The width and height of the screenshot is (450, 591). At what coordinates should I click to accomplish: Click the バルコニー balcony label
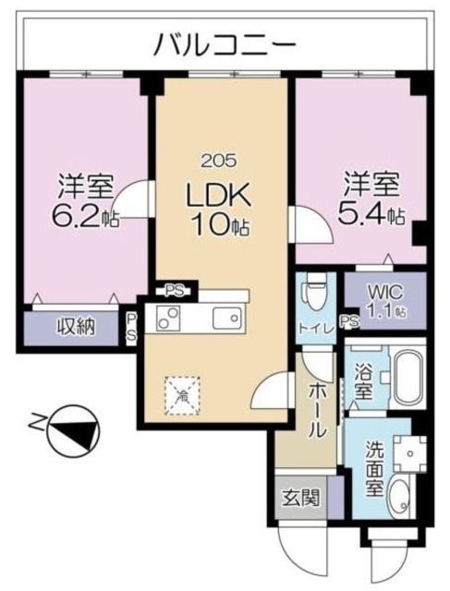[x=225, y=44]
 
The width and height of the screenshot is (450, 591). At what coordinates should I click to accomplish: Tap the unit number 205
[x=219, y=161]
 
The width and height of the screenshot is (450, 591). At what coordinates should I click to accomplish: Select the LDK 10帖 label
[x=219, y=209]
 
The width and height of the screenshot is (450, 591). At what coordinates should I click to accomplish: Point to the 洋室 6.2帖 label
[x=85, y=201]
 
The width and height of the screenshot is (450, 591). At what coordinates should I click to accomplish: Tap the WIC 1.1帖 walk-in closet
[x=385, y=301]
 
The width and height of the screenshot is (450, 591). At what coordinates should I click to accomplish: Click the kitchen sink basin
[x=226, y=318]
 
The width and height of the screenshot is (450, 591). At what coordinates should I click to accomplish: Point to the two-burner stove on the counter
[x=168, y=318]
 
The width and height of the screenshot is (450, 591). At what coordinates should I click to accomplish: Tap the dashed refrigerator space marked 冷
[x=182, y=395]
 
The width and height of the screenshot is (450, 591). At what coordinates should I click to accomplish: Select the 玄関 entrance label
[x=300, y=498]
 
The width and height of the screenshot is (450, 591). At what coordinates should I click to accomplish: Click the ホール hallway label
[x=317, y=411]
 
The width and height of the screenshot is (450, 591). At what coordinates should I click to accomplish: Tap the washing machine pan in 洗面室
[x=409, y=453]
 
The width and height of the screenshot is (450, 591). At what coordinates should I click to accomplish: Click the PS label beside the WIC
[x=350, y=321]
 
